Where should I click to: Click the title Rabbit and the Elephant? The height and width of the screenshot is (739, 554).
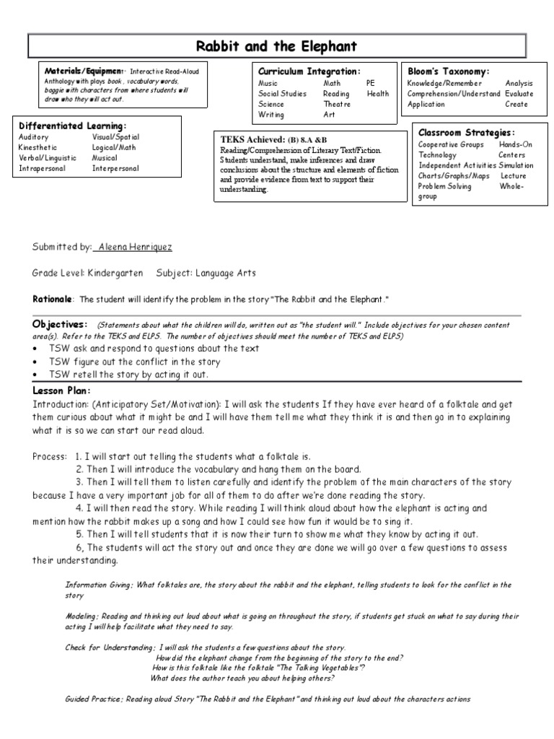coord(277,47)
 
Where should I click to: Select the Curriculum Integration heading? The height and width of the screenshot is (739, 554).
coord(309,71)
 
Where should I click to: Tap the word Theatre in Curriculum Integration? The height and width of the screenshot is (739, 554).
coord(337,104)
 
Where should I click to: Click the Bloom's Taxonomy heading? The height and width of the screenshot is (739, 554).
coord(448,71)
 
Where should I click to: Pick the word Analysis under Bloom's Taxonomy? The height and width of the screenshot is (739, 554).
coord(519,84)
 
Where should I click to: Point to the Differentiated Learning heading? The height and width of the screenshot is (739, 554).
coord(72,126)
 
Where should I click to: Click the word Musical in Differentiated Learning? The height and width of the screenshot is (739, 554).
coord(105,158)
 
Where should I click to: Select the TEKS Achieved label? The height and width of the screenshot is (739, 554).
coord(252,139)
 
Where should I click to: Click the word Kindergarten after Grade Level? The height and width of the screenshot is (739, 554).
coord(116,274)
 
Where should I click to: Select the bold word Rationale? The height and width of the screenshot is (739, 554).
coord(53,299)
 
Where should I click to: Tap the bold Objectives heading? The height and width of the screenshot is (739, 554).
coord(60,323)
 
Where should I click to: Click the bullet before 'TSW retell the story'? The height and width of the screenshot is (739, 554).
coord(36,375)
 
